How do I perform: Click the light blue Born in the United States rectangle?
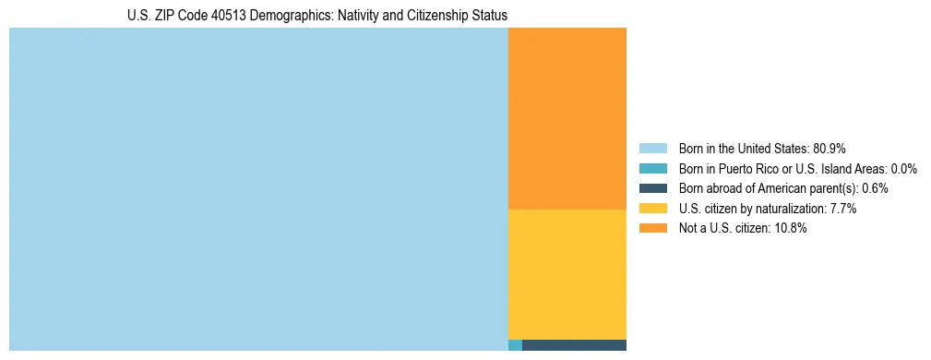(258, 189)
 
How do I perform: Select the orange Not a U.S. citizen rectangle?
(567, 118)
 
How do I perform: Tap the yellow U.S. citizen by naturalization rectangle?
(567, 274)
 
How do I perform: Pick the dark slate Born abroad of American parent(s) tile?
(574, 345)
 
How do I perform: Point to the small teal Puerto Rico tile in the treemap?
(515, 345)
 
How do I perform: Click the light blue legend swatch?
(653, 149)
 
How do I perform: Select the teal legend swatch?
(653, 169)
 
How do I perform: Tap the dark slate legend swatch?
(653, 188)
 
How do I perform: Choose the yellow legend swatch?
(653, 209)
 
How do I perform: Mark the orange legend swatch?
(653, 229)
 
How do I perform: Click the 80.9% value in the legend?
(830, 149)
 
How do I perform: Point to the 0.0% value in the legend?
(903, 169)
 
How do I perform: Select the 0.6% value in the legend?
(876, 188)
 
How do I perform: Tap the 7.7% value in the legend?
(843, 209)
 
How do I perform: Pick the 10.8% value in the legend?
(790, 229)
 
